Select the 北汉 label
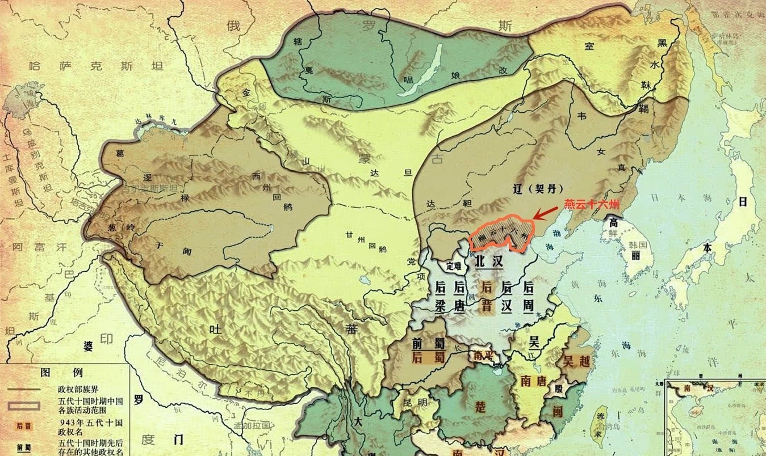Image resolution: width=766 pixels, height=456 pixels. point(489,261)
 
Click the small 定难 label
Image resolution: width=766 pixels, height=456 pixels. point(455,265)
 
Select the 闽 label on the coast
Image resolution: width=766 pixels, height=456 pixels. point(558,412)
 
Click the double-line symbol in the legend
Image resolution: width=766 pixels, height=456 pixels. point(24,406)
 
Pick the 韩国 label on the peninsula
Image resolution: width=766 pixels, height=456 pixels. point(638,245)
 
